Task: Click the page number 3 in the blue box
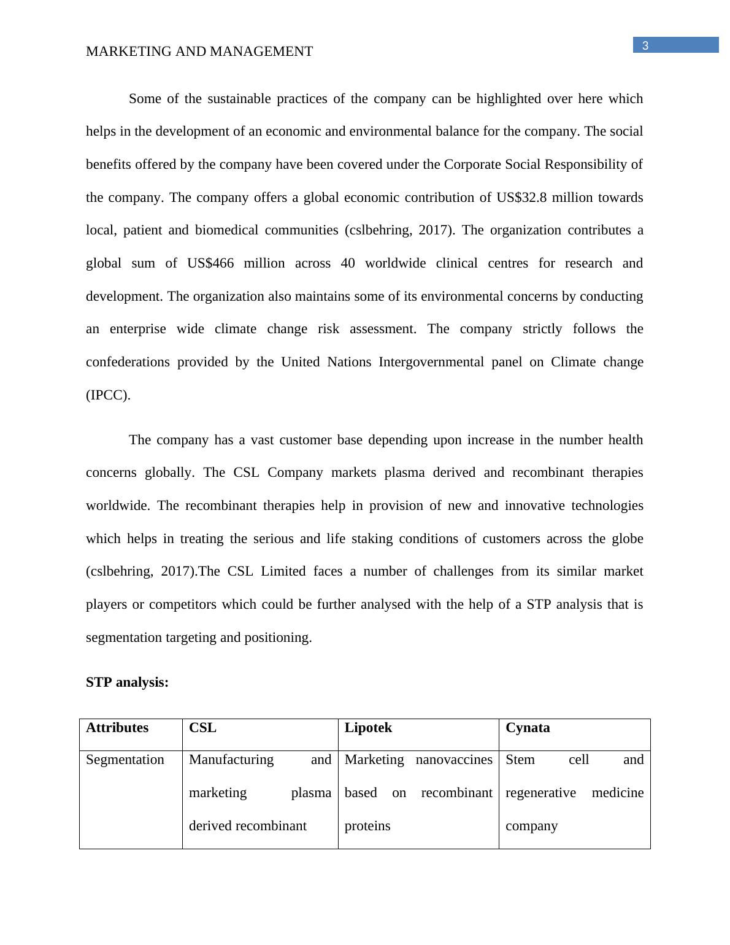tap(645, 45)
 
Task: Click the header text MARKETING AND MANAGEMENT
tap(199, 52)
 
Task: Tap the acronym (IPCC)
tap(108, 395)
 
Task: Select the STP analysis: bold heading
tap(127, 682)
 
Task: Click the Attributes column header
tap(117, 728)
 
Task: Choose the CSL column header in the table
tap(202, 728)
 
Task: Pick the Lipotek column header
tap(368, 728)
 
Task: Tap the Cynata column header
tap(528, 728)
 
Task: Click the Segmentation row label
tap(125, 760)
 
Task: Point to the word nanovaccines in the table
tap(454, 760)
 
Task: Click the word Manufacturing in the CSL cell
tap(231, 760)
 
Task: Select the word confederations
tap(126, 362)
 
